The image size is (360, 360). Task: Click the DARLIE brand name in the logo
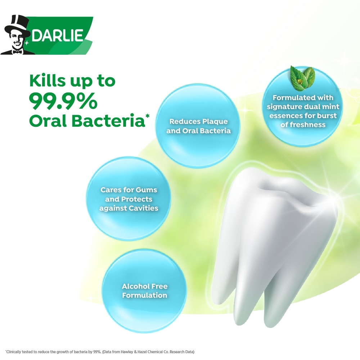57,35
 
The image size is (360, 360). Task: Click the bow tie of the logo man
17,52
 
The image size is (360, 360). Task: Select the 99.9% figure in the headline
63,101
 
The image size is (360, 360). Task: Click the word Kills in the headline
47,80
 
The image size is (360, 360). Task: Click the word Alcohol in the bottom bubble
135,286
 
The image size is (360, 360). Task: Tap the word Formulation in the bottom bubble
145,295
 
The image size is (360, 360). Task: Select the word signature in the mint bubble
284,107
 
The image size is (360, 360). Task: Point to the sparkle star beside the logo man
27,43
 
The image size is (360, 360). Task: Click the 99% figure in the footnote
97,352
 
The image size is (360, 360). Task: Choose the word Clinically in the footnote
13,352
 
